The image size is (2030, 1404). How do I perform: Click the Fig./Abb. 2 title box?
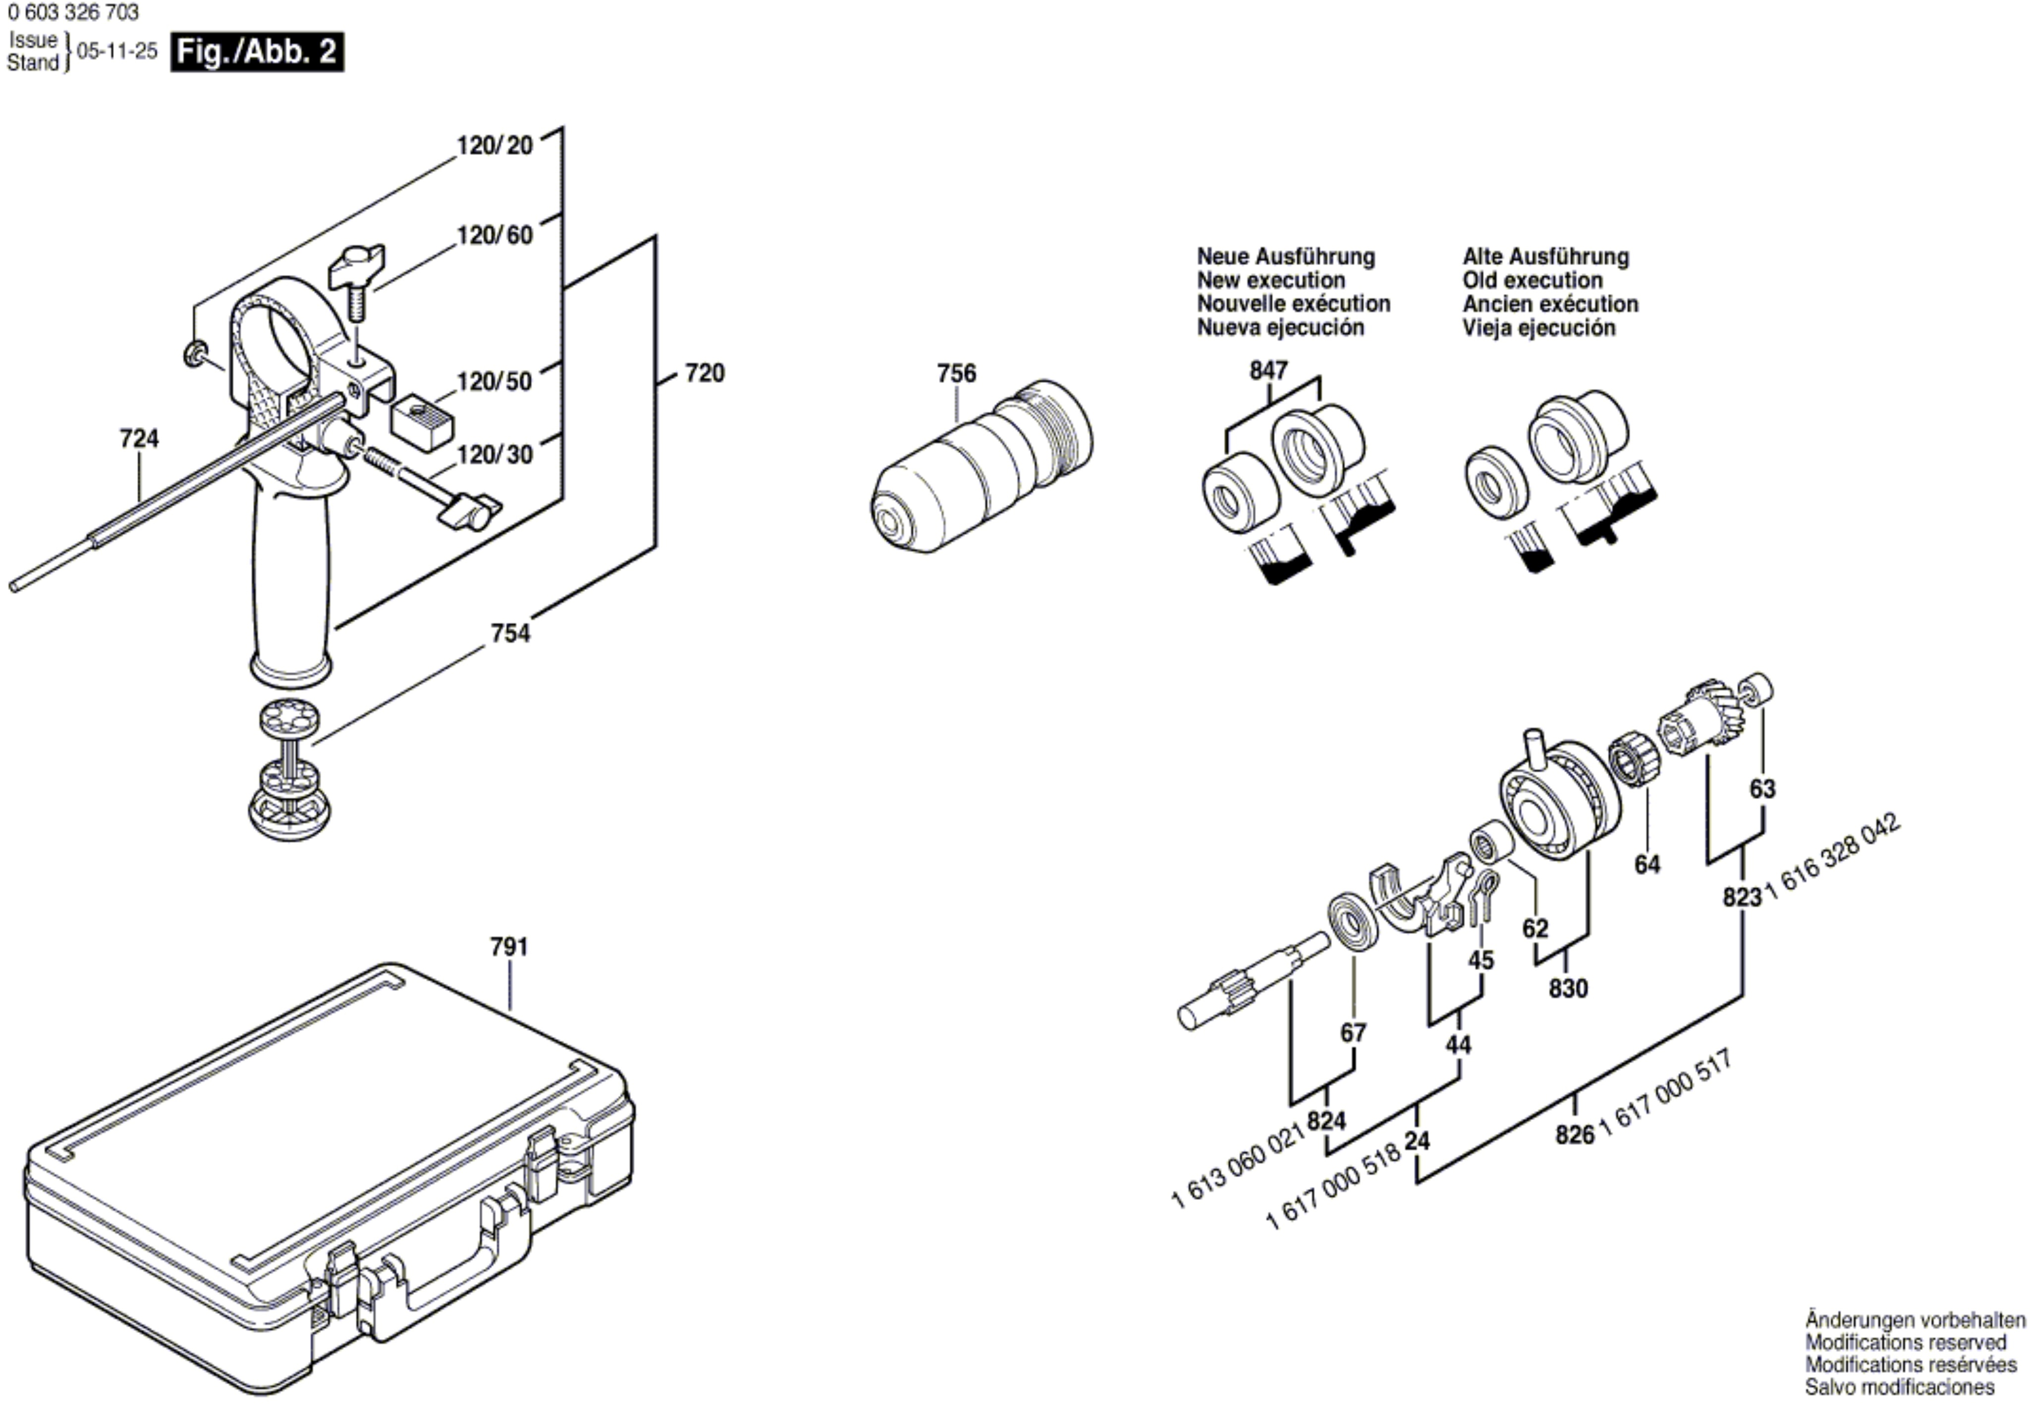tap(257, 52)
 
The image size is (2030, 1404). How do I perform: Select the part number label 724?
tap(139, 438)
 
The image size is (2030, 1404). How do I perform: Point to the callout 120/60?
tap(494, 236)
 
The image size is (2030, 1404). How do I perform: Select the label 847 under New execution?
tap(1268, 371)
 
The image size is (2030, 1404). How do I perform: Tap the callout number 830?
tap(1568, 989)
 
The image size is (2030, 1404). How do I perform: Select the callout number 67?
tap(1353, 1033)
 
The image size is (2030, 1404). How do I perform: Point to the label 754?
tap(510, 633)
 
